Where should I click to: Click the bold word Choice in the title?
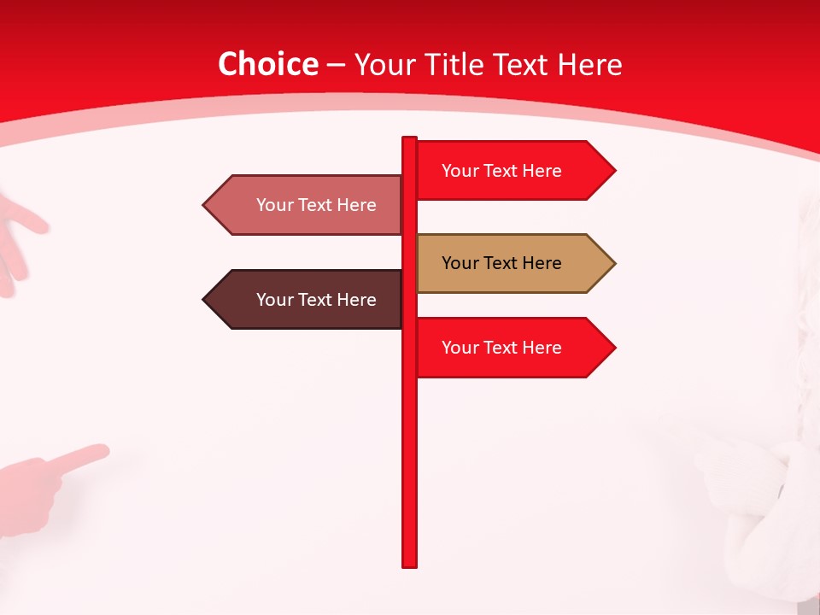pyautogui.click(x=267, y=64)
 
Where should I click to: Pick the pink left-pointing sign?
pyautogui.click(x=307, y=205)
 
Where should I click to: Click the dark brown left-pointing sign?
pyautogui.click(x=307, y=300)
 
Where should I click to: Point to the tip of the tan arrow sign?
pyautogui.click(x=613, y=263)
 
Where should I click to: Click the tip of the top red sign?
pyautogui.click(x=613, y=171)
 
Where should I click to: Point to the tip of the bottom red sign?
pyautogui.click(x=613, y=348)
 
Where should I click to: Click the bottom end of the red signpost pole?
pyautogui.click(x=410, y=564)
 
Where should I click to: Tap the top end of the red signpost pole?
pyautogui.click(x=410, y=139)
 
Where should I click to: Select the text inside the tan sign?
pyautogui.click(x=501, y=263)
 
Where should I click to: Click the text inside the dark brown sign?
pyautogui.click(x=316, y=300)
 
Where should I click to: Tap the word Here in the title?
pyautogui.click(x=589, y=64)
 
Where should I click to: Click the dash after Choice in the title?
pyautogui.click(x=336, y=65)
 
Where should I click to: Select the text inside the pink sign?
pyautogui.click(x=316, y=205)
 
